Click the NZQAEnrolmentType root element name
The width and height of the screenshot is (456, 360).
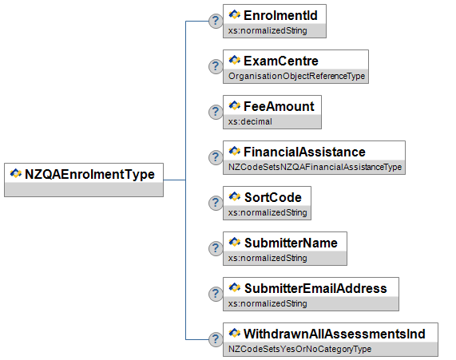(x=89, y=175)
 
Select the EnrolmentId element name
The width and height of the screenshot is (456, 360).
(x=280, y=15)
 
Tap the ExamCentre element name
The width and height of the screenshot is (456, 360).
(x=281, y=61)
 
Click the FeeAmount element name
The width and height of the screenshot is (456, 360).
(x=279, y=106)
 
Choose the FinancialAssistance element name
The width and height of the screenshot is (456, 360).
(x=304, y=152)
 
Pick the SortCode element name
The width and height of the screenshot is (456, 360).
(x=273, y=197)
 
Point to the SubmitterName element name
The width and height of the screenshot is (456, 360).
(x=291, y=243)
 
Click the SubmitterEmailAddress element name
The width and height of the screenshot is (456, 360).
(x=315, y=288)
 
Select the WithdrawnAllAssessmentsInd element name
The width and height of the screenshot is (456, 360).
(x=335, y=334)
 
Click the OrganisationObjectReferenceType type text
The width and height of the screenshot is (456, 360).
(x=296, y=76)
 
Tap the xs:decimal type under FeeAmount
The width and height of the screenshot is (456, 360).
(x=250, y=121)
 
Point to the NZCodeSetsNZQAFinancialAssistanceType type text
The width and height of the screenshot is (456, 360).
(x=315, y=167)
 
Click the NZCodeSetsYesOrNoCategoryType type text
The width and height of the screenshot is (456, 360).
(x=299, y=349)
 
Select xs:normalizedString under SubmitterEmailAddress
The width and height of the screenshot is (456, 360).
(x=268, y=303)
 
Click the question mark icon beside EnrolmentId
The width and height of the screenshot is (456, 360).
(x=216, y=21)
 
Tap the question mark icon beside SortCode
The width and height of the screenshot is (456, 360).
(x=216, y=203)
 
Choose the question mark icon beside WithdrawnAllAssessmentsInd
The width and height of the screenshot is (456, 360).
(x=216, y=339)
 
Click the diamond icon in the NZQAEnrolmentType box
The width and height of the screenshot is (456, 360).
(x=16, y=173)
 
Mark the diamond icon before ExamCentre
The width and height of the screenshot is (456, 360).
(x=235, y=60)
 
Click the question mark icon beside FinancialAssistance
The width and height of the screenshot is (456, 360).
(x=216, y=157)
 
